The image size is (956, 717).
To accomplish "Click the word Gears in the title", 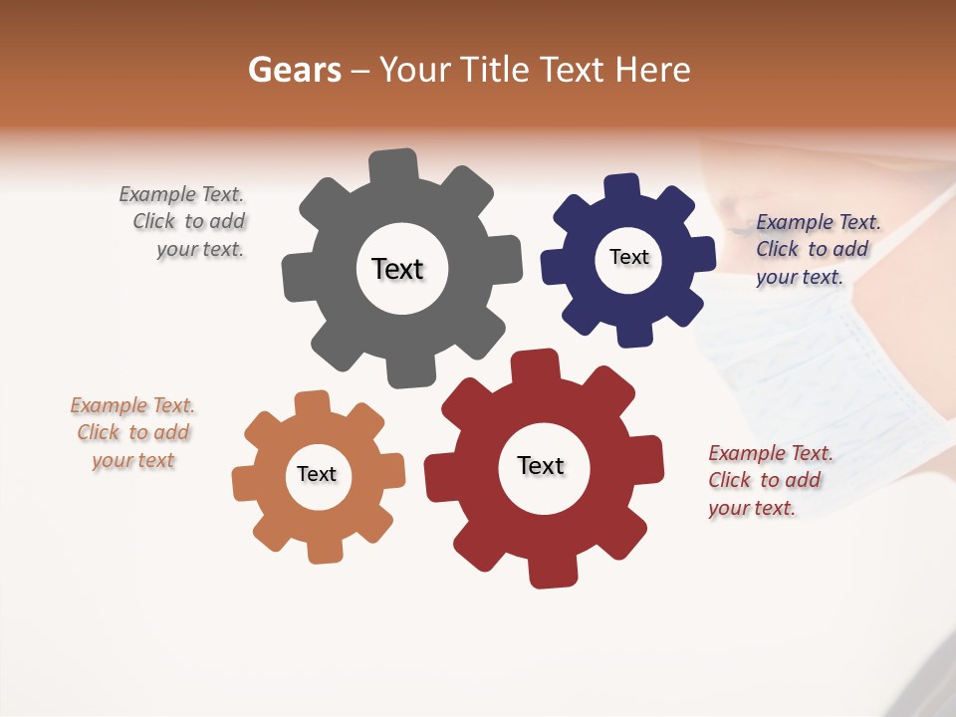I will tap(294, 70).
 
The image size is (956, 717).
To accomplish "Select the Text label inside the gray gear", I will tap(397, 269).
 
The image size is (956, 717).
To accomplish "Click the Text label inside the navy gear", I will tap(628, 257).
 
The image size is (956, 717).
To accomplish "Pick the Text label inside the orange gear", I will tap(317, 475).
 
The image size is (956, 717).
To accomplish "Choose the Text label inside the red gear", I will tap(541, 466).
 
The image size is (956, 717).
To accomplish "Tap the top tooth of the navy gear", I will tap(621, 186).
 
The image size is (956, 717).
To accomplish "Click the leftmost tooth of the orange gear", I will tap(244, 484).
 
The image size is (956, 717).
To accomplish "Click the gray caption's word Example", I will tap(154, 194).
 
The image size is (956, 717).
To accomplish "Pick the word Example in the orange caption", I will tap(106, 405).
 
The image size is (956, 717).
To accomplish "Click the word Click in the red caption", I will tap(729, 480).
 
